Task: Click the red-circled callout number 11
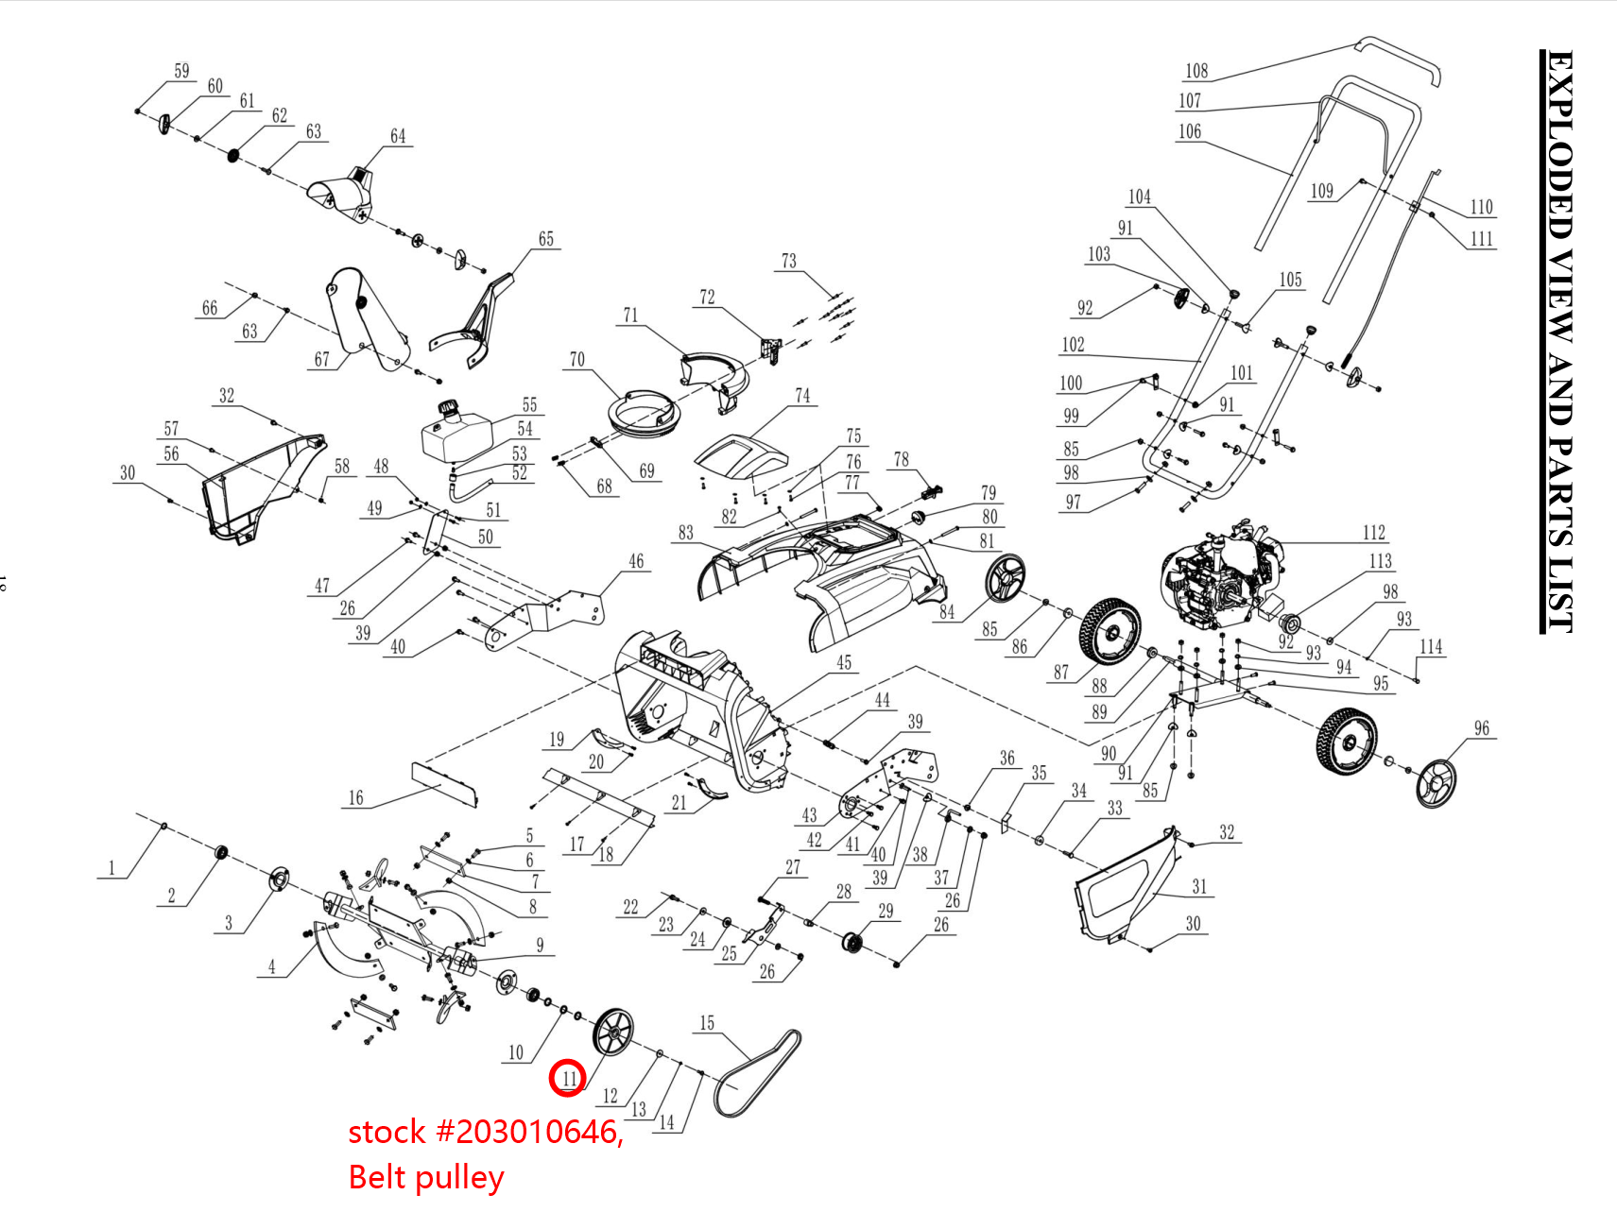pos(568,1078)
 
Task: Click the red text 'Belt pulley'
pos(425,1178)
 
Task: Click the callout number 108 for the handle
pos(1196,71)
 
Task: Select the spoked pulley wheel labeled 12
pos(613,1033)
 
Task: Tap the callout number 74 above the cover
pos(801,396)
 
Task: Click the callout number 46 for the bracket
pos(636,561)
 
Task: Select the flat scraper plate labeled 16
pos(444,783)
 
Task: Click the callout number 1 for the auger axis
pos(112,868)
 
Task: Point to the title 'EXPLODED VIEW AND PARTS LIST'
pos(1558,340)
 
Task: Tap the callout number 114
pos(1430,647)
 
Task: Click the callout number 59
pos(181,71)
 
